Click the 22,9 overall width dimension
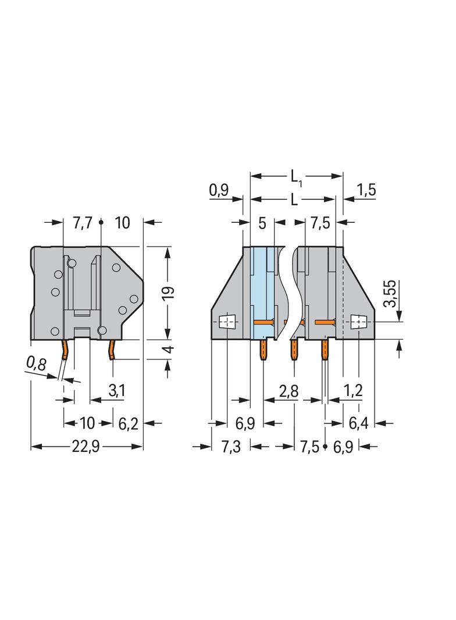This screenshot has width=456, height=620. tap(85, 447)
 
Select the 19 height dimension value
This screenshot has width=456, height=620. tap(169, 292)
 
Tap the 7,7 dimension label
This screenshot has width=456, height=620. tap(82, 223)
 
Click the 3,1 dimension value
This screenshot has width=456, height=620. tap(117, 391)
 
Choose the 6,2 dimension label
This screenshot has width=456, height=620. tap(128, 424)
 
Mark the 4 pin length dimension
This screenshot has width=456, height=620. tap(169, 350)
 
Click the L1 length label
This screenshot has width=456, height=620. tap(297, 177)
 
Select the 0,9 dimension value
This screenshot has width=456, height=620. tap(219, 191)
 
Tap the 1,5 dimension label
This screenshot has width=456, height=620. tap(366, 190)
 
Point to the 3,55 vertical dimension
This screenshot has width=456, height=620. tap(390, 293)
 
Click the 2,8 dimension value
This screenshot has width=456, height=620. tap(288, 391)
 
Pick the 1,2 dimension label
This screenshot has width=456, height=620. tap(353, 391)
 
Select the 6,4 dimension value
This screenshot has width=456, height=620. tap(358, 424)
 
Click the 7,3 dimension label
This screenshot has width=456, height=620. tap(230, 447)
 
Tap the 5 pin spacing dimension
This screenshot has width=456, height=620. tap(262, 223)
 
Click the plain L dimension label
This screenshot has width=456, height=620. tap(294, 200)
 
